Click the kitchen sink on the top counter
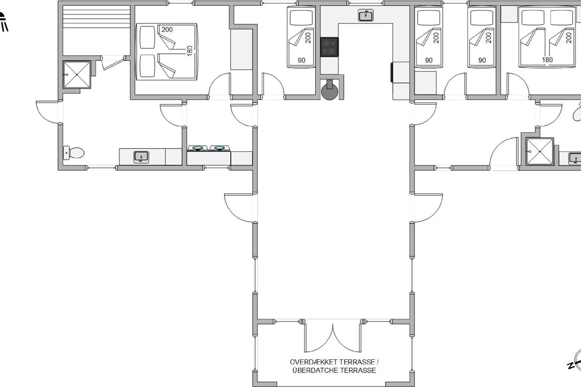point(366,15)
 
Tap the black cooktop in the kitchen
point(329,47)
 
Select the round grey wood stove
point(330,91)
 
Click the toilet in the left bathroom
point(74,153)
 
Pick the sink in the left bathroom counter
point(141,157)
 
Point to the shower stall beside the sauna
point(77,74)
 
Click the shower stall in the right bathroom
point(540,151)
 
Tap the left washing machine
point(198,148)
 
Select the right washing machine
point(219,148)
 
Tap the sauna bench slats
point(96,17)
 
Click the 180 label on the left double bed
point(190,51)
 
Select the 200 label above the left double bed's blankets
point(167,30)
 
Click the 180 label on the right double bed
point(547,60)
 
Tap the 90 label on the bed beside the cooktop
point(301,60)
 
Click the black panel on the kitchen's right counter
point(392,73)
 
